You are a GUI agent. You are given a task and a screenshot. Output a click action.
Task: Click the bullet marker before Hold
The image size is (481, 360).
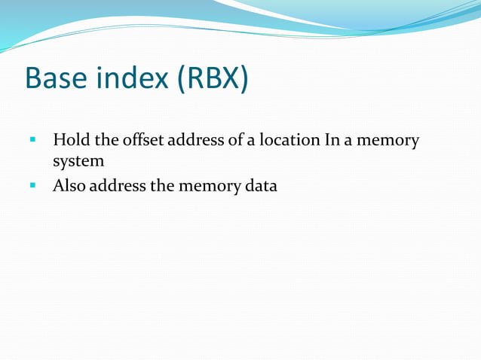(32, 140)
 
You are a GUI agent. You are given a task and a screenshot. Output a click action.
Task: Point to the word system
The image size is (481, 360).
(78, 161)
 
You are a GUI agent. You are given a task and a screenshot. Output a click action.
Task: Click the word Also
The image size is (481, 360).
(69, 185)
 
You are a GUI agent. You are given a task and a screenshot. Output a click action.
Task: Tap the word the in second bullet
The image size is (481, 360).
(161, 185)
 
